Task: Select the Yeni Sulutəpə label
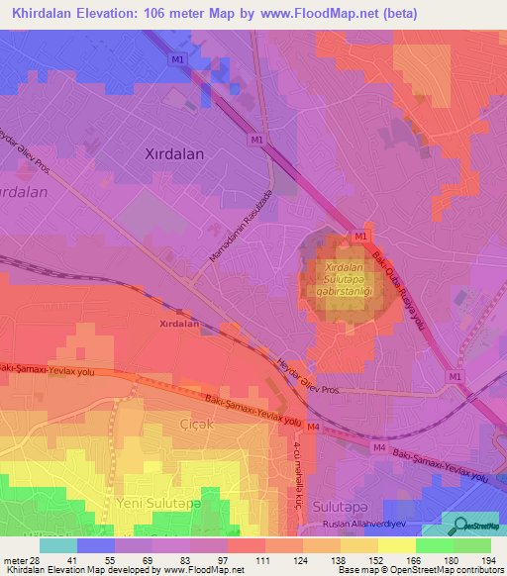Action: pyautogui.click(x=152, y=504)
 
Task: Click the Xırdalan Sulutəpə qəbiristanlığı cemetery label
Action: pyautogui.click(x=342, y=279)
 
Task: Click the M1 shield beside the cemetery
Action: pyautogui.click(x=360, y=238)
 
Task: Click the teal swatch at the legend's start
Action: pyautogui.click(x=58, y=545)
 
